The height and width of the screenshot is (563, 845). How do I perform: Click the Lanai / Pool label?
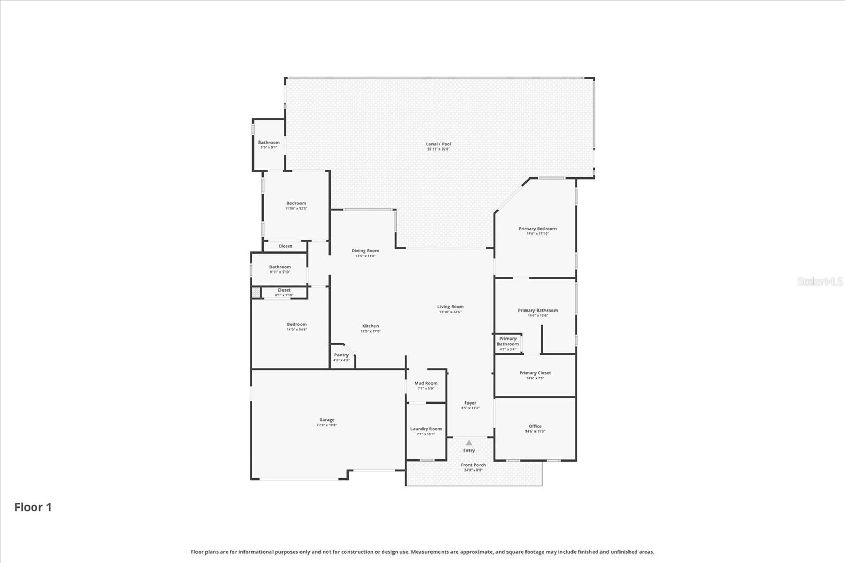click(x=438, y=144)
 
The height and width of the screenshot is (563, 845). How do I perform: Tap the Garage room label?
click(x=326, y=420)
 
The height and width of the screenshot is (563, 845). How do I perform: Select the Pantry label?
click(x=341, y=355)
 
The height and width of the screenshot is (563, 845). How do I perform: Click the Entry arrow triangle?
click(x=469, y=443)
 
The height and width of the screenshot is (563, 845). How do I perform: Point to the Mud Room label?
click(x=426, y=384)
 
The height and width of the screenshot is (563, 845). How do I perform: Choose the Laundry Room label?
click(x=426, y=429)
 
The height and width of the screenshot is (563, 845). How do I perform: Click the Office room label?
click(x=535, y=427)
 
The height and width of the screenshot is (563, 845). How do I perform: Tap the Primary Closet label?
click(x=535, y=373)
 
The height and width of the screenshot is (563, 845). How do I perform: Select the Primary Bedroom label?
click(x=537, y=229)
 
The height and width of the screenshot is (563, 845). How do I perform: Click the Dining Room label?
click(x=365, y=251)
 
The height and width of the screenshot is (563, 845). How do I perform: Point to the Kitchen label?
click(x=370, y=326)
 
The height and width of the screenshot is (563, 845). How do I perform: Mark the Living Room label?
click(x=450, y=307)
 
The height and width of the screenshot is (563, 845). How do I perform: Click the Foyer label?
click(x=470, y=403)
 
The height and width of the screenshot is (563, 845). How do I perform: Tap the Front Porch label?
click(x=473, y=465)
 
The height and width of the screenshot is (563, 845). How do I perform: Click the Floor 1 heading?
click(x=33, y=508)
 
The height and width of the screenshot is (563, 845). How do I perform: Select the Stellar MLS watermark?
click(x=820, y=281)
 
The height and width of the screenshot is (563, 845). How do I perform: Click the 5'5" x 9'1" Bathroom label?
click(x=269, y=143)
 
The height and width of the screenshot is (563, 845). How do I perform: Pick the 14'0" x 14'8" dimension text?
click(x=297, y=330)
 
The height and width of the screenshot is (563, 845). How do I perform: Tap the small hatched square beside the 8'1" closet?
click(x=256, y=292)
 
